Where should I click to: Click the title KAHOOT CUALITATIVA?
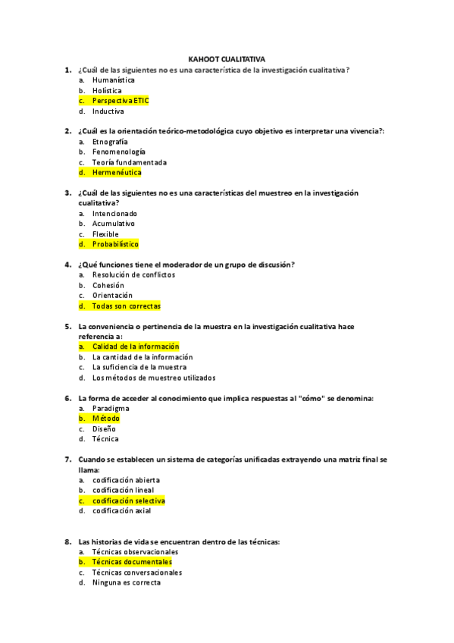[227, 59]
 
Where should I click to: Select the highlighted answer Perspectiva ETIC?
[121, 100]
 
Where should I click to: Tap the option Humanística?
[114, 80]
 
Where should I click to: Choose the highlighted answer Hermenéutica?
[117, 172]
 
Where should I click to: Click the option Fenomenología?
[119, 152]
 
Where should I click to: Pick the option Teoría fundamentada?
[130, 162]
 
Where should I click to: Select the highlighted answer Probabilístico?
[115, 244]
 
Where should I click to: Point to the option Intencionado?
[114, 213]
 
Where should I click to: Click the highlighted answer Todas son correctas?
[126, 306]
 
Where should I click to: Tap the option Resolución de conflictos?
[133, 274]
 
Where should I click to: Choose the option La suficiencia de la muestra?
[139, 367]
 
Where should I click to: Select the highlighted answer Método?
[105, 419]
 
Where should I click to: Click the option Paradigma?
[111, 408]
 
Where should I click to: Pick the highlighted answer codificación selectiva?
[128, 500]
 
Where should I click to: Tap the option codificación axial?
[121, 511]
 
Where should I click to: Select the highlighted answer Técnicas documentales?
[132, 562]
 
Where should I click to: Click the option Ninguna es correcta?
[127, 583]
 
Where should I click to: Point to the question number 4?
[68, 265]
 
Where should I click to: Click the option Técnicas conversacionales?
[137, 572]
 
